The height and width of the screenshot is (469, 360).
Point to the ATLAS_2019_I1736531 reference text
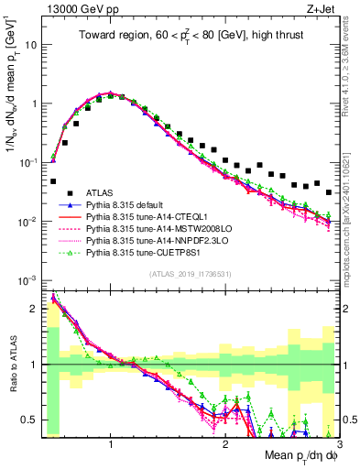click(190, 275)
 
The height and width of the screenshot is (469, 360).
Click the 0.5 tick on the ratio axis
click(27, 420)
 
